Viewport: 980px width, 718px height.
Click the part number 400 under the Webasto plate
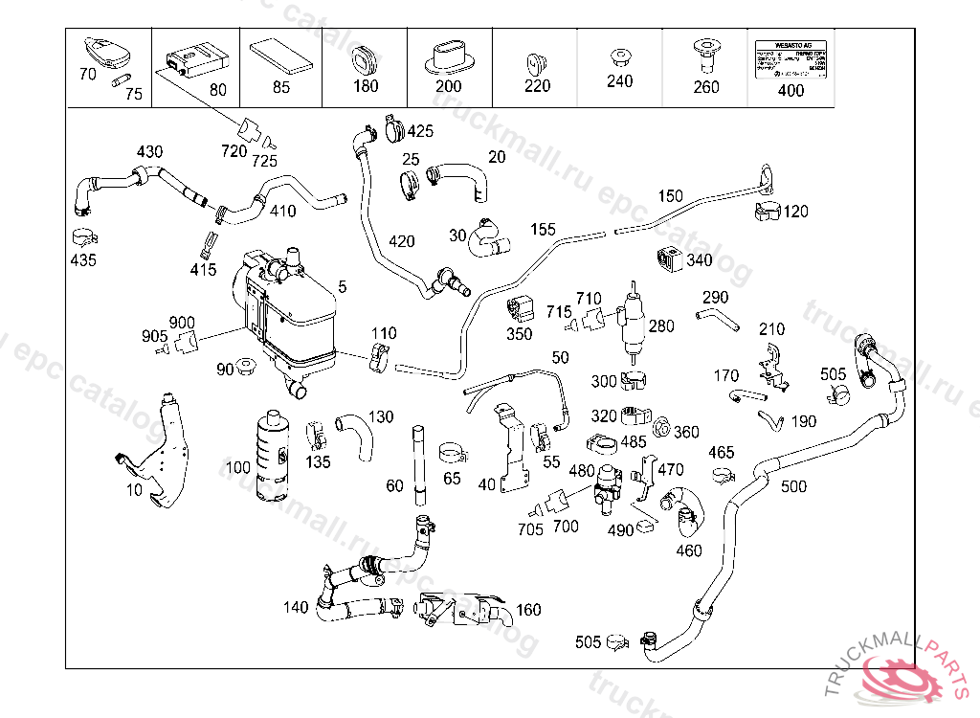(791, 92)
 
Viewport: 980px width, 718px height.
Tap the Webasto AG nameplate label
(791, 60)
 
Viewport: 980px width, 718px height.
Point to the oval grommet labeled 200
(449, 56)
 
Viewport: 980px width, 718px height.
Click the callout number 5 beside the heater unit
(343, 286)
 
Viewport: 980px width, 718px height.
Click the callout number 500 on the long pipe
(793, 486)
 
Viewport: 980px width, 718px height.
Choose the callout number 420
(401, 240)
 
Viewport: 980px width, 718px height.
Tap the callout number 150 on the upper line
(670, 196)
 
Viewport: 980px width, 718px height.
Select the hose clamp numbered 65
(452, 451)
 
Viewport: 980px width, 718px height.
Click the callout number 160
(528, 609)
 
